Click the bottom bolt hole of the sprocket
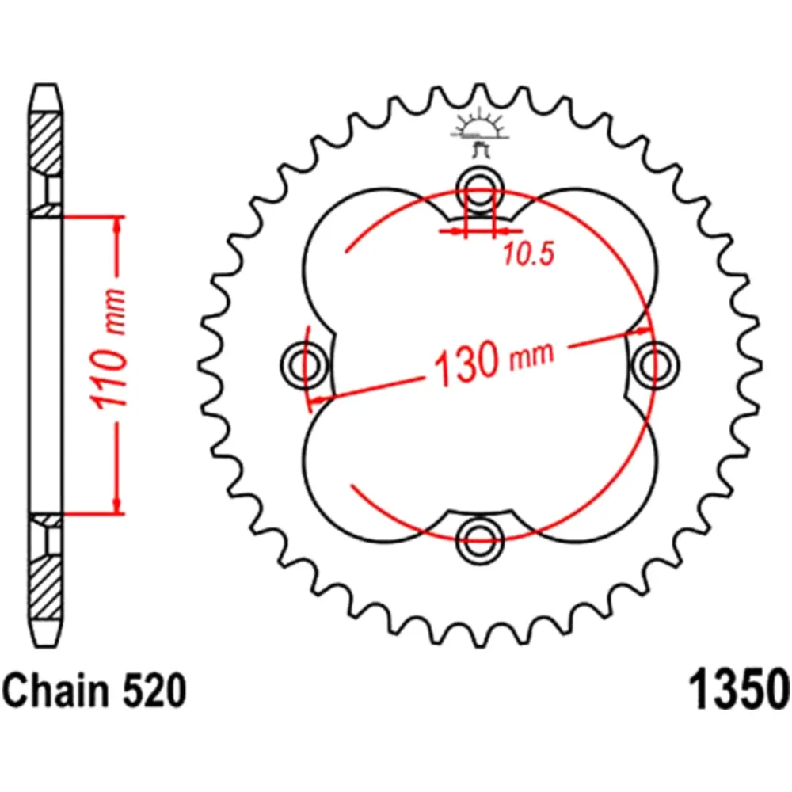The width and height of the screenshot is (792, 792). point(480,539)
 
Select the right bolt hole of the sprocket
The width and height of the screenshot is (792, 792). point(655,364)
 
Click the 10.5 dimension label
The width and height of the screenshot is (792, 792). point(529,253)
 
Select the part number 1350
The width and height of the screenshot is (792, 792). point(739,690)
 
